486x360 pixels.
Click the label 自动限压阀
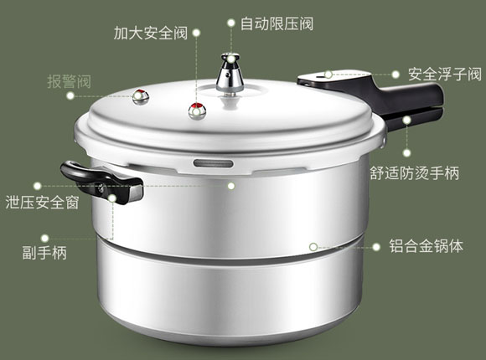pyautogui.click(x=277, y=23)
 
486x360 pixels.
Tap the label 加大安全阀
pyautogui.click(x=151, y=33)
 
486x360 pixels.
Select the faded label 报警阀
pyautogui.click(x=69, y=82)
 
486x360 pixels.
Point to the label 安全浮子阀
pyautogui.click(x=445, y=75)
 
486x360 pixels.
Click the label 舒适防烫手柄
pyautogui.click(x=415, y=173)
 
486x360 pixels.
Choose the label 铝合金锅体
pyautogui.click(x=427, y=246)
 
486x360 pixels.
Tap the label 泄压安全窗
pyautogui.click(x=42, y=203)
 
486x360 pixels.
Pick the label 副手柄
pyautogui.click(x=44, y=253)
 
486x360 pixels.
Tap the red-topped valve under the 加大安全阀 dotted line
pyautogui.click(x=197, y=111)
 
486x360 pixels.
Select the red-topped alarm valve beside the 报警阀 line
pyautogui.click(x=141, y=96)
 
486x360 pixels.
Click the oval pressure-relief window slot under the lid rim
pyautogui.click(x=213, y=163)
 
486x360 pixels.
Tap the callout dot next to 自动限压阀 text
pyautogui.click(x=231, y=23)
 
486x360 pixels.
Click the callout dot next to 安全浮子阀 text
pyautogui.click(x=396, y=75)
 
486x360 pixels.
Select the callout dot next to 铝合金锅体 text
pyautogui.click(x=376, y=247)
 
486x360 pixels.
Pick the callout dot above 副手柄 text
pyautogui.click(x=45, y=238)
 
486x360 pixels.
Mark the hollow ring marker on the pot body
pyautogui.click(x=313, y=247)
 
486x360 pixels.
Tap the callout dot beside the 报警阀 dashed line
pyautogui.click(x=70, y=95)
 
